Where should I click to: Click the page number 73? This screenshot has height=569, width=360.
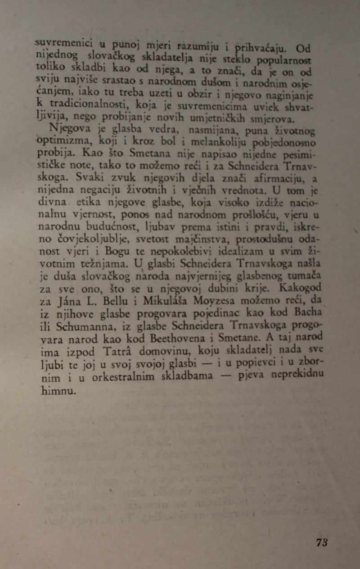pos(322,542)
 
